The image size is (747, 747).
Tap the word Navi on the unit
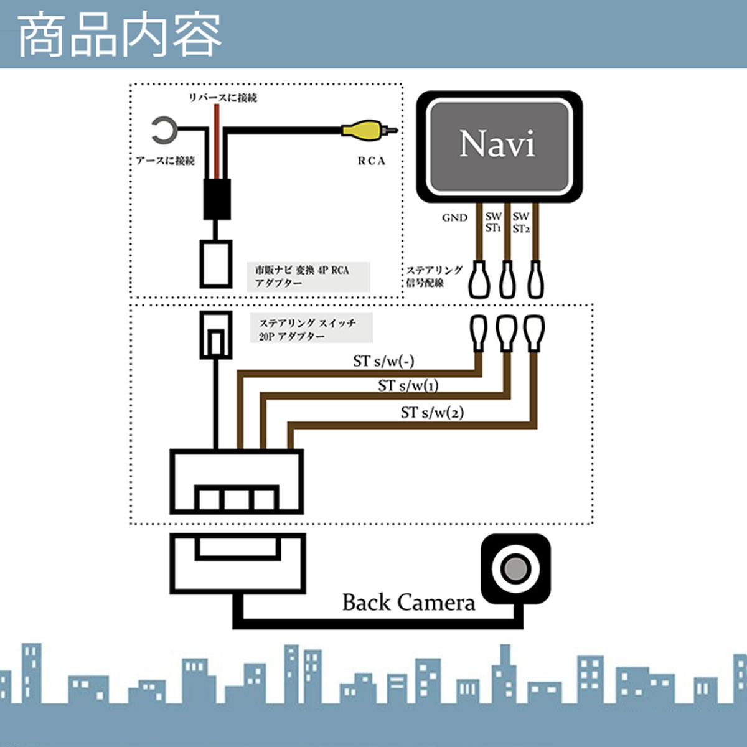(497, 144)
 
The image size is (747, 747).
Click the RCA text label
(371, 161)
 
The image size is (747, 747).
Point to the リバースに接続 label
(223, 98)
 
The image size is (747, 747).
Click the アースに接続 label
(166, 161)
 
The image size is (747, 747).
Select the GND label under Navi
(454, 217)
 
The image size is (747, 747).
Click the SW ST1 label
(494, 222)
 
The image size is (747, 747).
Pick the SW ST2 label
(521, 222)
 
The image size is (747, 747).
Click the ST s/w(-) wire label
(383, 361)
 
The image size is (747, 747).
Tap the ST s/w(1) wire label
(408, 386)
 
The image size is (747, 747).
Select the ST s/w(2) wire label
(432, 412)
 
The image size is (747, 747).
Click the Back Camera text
(408, 603)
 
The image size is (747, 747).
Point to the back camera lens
(515, 568)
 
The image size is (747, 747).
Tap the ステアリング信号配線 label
(434, 276)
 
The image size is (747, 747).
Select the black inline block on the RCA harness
(217, 199)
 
